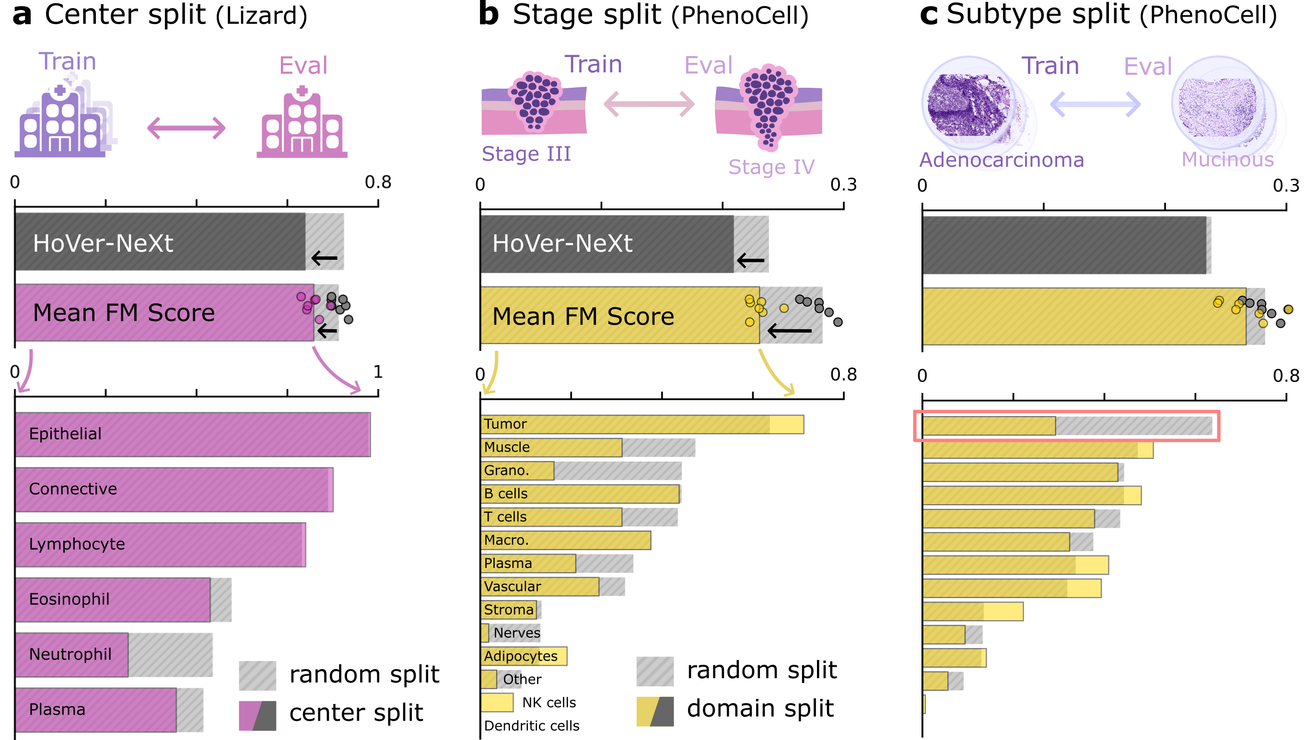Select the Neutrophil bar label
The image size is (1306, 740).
pyautogui.click(x=70, y=654)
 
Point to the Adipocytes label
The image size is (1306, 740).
pyautogui.click(x=521, y=656)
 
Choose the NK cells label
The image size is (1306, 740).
pyautogui.click(x=548, y=703)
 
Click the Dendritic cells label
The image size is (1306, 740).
pyautogui.click(x=531, y=726)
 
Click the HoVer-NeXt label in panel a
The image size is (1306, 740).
pyautogui.click(x=103, y=243)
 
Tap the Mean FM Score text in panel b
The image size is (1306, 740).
pyautogui.click(x=583, y=316)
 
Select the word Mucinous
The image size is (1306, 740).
pyautogui.click(x=1227, y=160)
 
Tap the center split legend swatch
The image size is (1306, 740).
pyautogui.click(x=257, y=715)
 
